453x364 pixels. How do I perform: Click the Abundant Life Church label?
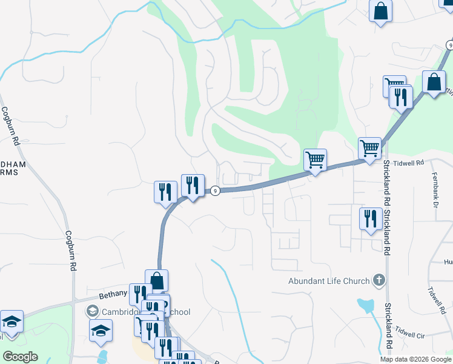[329, 281]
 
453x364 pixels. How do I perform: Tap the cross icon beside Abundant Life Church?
[379, 280]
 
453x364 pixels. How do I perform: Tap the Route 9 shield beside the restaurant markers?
[215, 191]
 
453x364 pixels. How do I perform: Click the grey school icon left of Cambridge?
[93, 312]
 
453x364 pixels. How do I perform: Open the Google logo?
[20, 357]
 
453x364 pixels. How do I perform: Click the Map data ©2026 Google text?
[415, 359]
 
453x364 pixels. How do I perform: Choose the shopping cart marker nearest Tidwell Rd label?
[369, 148]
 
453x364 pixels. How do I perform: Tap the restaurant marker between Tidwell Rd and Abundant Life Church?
[370, 219]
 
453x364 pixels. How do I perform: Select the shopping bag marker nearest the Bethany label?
[157, 281]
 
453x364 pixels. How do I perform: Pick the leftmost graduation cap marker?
[11, 322]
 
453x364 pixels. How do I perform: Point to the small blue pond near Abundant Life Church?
[365, 305]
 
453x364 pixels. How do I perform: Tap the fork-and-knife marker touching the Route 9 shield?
[193, 186]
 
